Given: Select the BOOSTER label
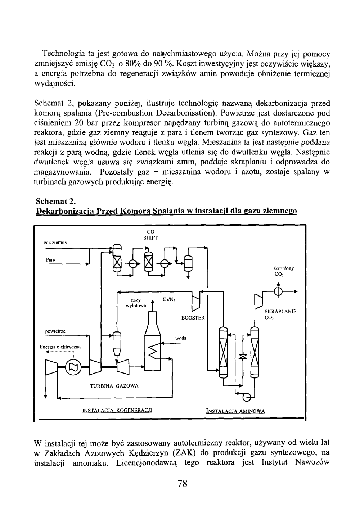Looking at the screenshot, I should tap(193, 318).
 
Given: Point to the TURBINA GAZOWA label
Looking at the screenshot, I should tap(114, 386).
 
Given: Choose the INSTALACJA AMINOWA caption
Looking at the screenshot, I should tap(235, 411).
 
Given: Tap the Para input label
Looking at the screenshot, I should tap(50, 260).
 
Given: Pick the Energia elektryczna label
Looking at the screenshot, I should tap(60, 347).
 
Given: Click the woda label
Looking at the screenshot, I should tap(180, 338).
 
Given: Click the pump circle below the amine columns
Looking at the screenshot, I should tap(247, 398).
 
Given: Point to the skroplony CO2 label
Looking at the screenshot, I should tap(284, 271).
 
